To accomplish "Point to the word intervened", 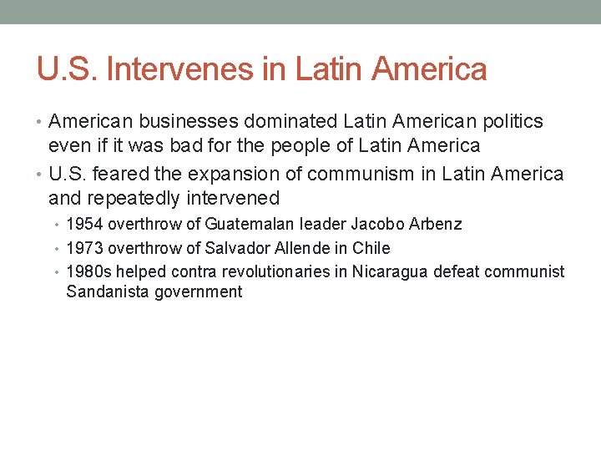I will pyautogui.click(x=237, y=198).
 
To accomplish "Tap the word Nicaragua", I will pyautogui.click(x=389, y=271).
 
